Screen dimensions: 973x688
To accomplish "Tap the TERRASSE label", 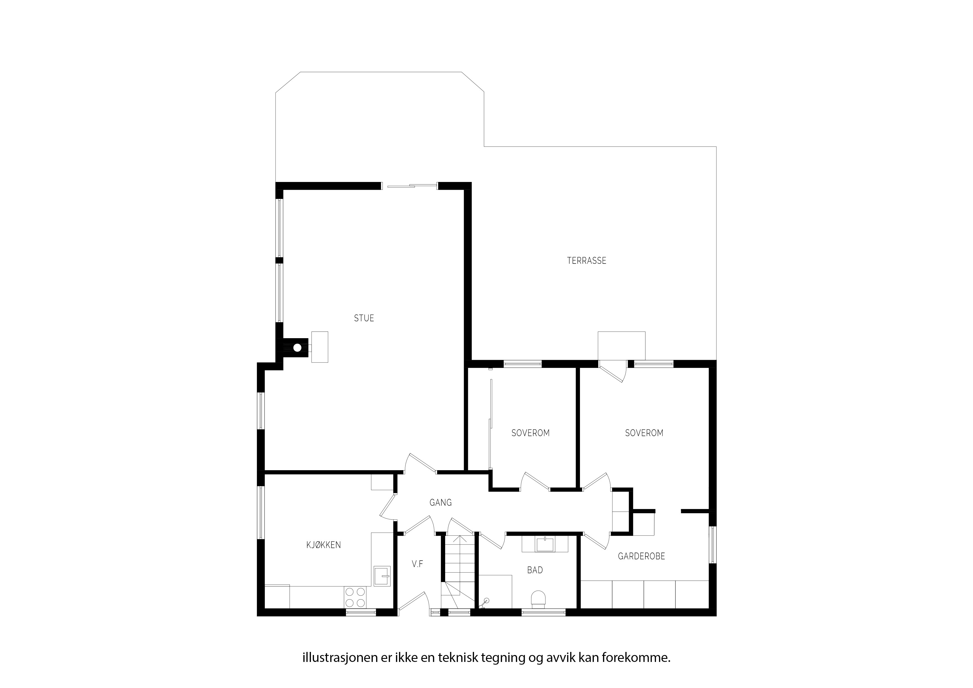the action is point(587,261).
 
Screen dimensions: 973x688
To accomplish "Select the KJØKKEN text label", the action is point(324,545).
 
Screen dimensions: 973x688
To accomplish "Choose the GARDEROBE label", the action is point(641,556).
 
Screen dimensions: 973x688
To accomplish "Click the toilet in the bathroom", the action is point(539,599).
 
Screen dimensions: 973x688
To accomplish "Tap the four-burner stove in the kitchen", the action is point(355,597).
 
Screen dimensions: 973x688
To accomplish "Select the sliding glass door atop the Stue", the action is point(409,185).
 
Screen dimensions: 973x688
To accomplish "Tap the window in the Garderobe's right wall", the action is point(712,545).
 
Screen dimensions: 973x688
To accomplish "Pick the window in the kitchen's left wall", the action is point(261,512).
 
